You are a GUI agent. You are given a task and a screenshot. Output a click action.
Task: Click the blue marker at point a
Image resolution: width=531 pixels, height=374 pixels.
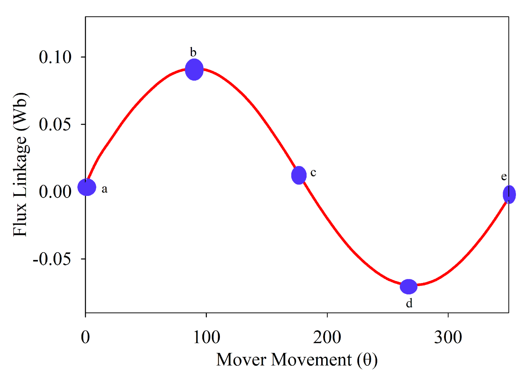tap(87, 187)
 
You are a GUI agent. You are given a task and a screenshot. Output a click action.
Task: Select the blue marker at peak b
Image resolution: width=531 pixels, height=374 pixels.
tap(194, 69)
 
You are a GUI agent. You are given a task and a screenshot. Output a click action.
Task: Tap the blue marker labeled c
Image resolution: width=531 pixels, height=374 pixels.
tap(299, 175)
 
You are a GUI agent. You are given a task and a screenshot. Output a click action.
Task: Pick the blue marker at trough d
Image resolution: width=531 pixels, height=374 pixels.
tap(408, 286)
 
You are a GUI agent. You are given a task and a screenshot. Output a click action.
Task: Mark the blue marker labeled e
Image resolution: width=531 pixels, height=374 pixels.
tap(509, 195)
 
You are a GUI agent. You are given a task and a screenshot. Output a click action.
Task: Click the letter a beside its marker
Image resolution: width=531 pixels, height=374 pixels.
tap(105, 189)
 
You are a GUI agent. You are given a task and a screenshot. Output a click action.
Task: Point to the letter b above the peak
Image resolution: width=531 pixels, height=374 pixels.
tap(193, 52)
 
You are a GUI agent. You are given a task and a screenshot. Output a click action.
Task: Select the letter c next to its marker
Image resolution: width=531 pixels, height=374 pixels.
tap(313, 172)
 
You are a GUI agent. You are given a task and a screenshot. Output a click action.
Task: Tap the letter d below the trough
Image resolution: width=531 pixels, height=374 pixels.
tap(409, 303)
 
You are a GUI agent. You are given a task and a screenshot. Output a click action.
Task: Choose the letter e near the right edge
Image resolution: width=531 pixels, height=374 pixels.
tap(504, 177)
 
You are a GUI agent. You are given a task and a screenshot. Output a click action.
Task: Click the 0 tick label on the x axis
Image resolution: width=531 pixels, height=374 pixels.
tap(85, 337)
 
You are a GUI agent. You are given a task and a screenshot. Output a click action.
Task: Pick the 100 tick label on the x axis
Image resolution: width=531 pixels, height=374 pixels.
tap(206, 337)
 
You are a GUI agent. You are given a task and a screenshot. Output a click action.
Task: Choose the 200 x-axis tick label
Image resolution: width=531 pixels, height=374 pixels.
tap(327, 337)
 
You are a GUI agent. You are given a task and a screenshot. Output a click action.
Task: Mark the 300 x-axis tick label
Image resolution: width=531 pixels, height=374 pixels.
tap(448, 337)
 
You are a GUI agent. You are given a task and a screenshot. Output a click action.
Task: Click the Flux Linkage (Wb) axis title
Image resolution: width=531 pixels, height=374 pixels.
tap(21, 165)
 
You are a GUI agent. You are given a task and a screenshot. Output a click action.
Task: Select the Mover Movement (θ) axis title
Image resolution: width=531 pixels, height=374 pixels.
tap(297, 360)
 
